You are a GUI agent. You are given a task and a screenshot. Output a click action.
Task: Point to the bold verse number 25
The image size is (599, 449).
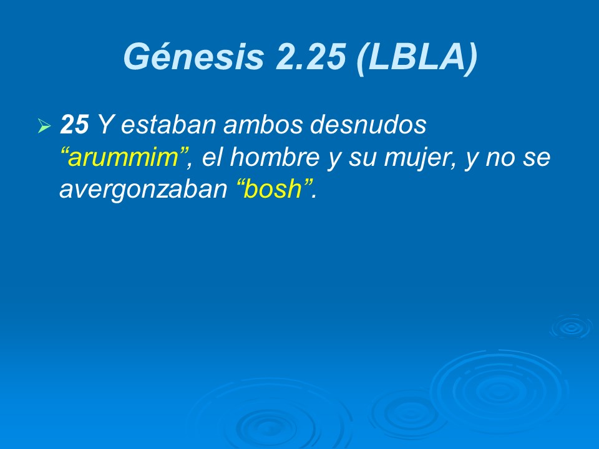[74, 126]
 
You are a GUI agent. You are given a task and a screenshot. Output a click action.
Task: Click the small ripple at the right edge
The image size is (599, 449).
[570, 327]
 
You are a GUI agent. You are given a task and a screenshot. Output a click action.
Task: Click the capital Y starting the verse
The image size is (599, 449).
[106, 126]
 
